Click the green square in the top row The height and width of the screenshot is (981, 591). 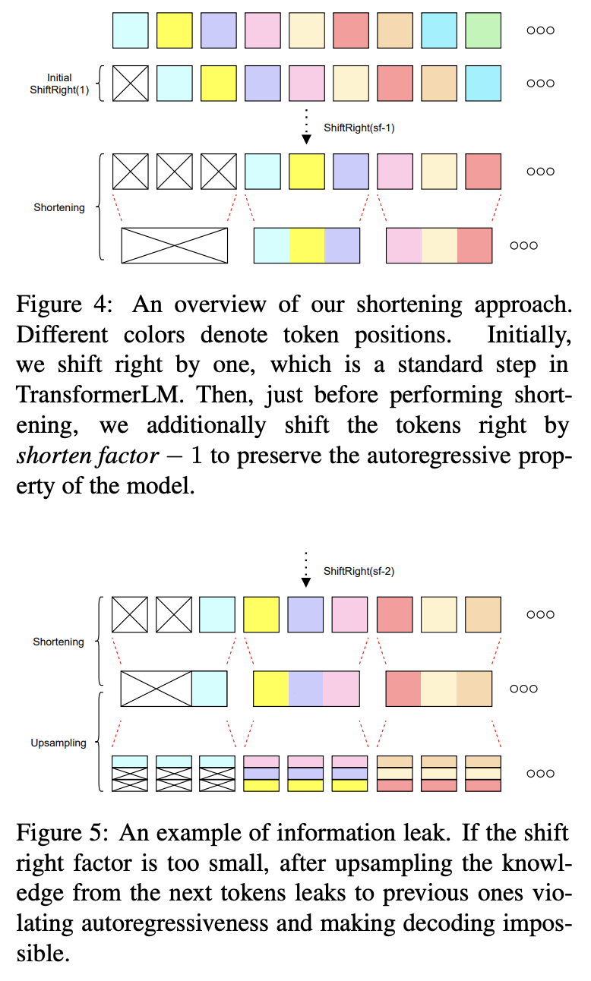click(x=483, y=30)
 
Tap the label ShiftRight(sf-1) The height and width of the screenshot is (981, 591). click(x=359, y=128)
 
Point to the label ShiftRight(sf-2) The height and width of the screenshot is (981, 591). click(x=359, y=571)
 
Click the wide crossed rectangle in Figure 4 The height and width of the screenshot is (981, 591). click(x=175, y=245)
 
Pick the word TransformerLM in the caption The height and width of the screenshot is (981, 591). click(x=77, y=395)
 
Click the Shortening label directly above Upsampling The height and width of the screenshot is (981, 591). click(x=58, y=642)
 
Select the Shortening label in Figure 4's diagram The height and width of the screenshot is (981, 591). click(x=59, y=207)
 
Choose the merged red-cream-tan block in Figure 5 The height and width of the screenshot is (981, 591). click(x=439, y=689)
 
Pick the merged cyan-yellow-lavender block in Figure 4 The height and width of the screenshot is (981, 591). click(x=306, y=245)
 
